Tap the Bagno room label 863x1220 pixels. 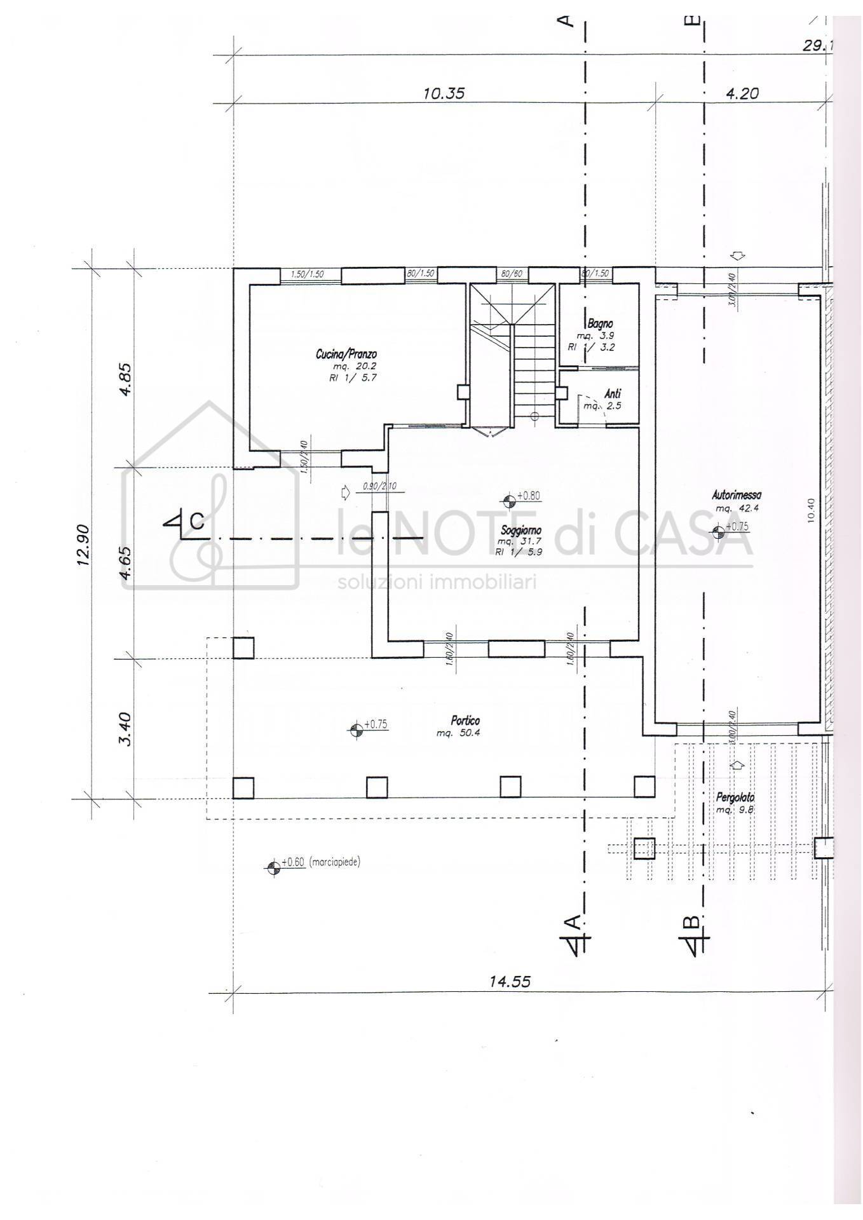(601, 324)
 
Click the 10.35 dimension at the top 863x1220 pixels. (444, 93)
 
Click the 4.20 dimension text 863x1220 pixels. (742, 93)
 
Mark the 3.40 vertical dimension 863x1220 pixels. (125, 729)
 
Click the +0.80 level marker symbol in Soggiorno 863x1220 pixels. (508, 501)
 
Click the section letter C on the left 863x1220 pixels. (197, 522)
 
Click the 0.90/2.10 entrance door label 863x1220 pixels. (379, 487)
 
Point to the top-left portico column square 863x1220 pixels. (243, 647)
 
